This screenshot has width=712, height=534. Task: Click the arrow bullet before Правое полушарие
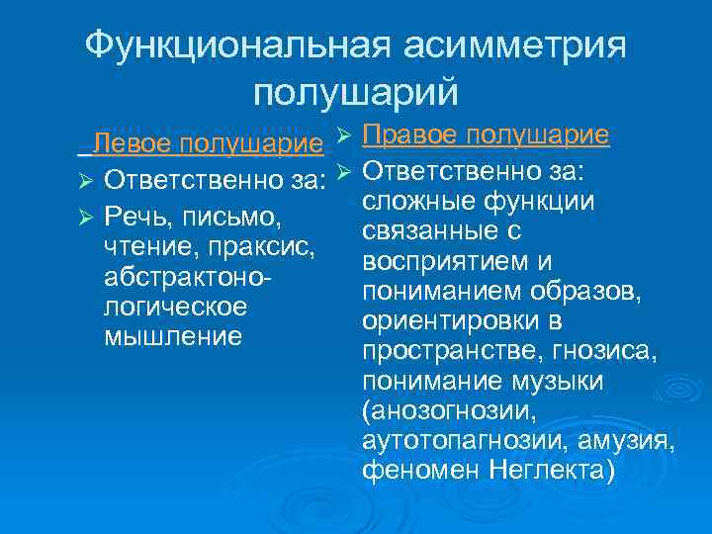338,133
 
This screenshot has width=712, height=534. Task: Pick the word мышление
172,336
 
